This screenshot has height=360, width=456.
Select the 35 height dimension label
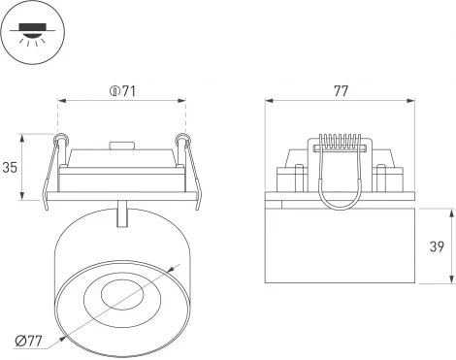12,167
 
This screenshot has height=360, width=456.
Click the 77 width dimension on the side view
340,92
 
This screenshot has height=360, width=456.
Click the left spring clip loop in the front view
63,142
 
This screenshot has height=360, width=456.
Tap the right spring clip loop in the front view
179,142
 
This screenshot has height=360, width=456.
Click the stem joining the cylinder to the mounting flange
121,213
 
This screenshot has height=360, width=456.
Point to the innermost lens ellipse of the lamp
120,291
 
